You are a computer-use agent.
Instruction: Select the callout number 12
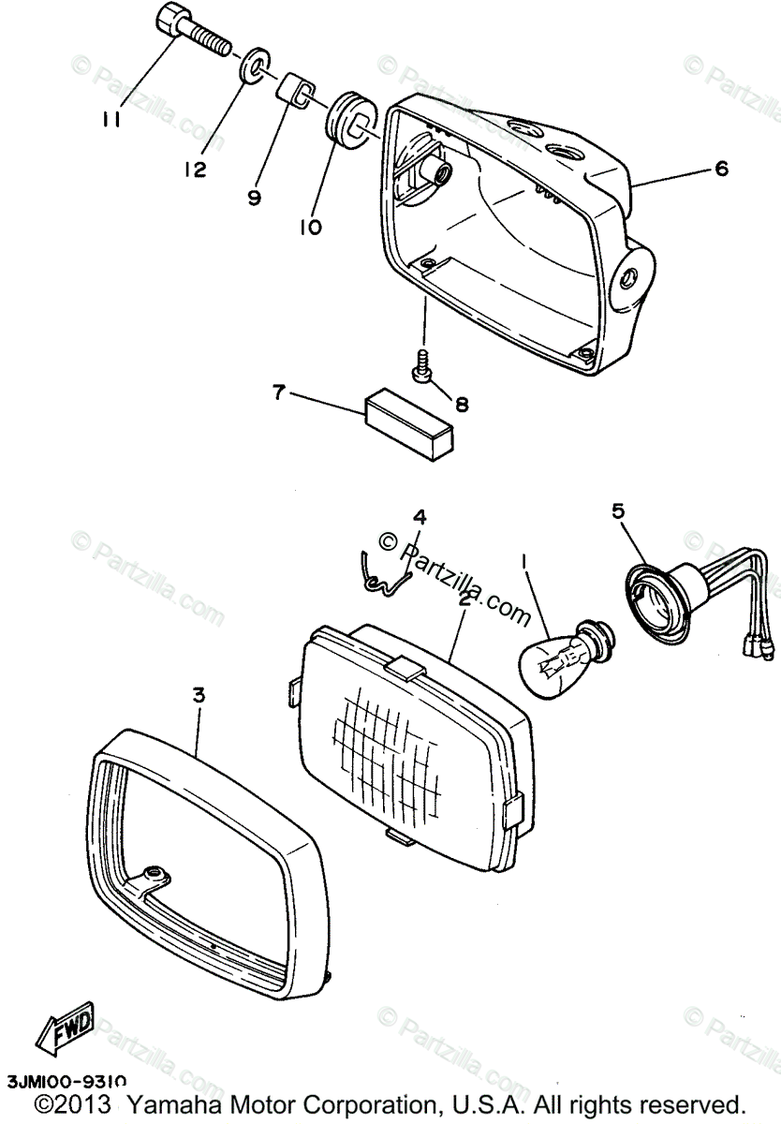(195, 170)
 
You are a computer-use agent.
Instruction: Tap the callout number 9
(254, 198)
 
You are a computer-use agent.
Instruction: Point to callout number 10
(311, 227)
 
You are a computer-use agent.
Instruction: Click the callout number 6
(720, 169)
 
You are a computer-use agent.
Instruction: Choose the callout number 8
(462, 405)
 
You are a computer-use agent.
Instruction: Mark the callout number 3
(198, 694)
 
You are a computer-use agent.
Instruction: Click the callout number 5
(617, 510)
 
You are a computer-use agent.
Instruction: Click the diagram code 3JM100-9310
(66, 1082)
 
